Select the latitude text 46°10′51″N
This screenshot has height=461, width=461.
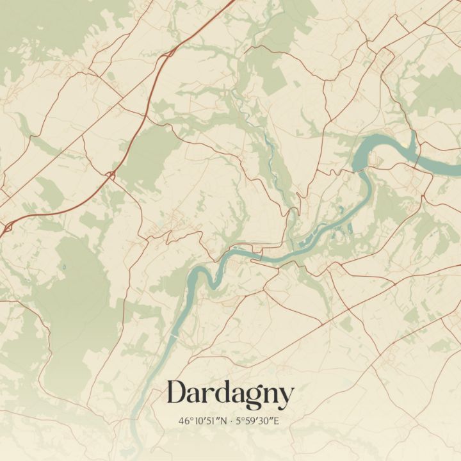pyautogui.click(x=204, y=421)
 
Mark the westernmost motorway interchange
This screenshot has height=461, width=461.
pyautogui.click(x=8, y=228)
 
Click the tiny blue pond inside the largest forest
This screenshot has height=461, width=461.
pyautogui.click(x=64, y=265)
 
